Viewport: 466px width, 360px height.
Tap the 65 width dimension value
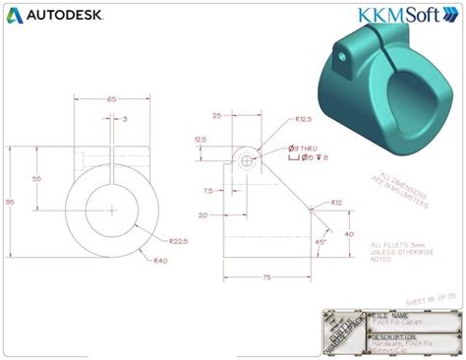[x=111, y=99]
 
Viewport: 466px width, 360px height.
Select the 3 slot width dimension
[x=125, y=119]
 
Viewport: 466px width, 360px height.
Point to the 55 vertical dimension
[x=37, y=179]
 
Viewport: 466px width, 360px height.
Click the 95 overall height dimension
[x=10, y=203]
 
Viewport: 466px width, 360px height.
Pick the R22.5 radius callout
[x=178, y=240]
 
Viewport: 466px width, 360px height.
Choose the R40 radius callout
[x=159, y=261]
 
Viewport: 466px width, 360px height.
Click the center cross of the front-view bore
[x=112, y=210]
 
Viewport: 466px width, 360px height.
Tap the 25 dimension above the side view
[x=215, y=115]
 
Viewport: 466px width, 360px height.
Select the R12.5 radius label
[x=304, y=120]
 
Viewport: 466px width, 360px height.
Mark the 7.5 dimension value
[x=207, y=191]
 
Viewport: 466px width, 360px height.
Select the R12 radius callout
[x=336, y=203]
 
